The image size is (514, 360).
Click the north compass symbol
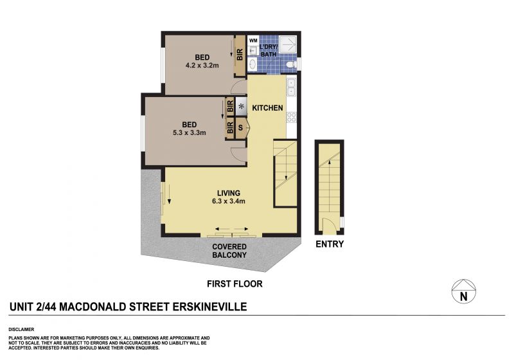click(x=463, y=291)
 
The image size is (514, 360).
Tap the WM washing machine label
click(x=253, y=40)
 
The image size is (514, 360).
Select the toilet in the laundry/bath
click(x=291, y=64)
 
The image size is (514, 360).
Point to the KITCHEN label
click(x=267, y=108)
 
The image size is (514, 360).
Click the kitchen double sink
click(x=292, y=87)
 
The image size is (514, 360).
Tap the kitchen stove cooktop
click(x=292, y=117)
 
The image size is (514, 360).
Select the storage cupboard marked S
click(x=240, y=128)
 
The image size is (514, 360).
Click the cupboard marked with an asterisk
click(x=242, y=107)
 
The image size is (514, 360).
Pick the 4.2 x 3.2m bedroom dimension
click(x=202, y=65)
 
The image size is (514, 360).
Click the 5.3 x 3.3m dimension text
click(x=189, y=133)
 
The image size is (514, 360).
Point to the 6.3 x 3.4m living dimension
click(x=229, y=201)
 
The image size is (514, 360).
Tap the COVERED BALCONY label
click(x=229, y=251)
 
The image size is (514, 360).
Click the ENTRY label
click(x=330, y=244)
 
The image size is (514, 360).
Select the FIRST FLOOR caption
click(x=235, y=284)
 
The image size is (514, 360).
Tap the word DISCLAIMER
click(x=21, y=330)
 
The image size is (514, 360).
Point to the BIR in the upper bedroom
click(x=240, y=55)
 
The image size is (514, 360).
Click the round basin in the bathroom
click(x=253, y=64)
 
